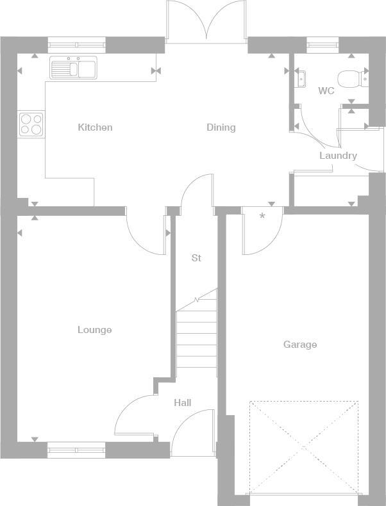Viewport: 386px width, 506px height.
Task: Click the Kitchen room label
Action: coord(95,127)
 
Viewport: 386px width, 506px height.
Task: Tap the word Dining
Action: coord(221,127)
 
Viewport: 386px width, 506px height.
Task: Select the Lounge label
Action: coord(95,330)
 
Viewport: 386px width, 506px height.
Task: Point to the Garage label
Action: coord(300,345)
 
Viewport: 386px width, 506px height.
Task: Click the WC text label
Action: coord(326,91)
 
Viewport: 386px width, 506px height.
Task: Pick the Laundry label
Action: coord(338,156)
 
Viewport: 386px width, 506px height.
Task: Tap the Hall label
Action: coord(183,403)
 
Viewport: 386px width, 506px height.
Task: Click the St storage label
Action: coord(196,258)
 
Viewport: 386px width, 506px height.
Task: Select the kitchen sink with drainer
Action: coord(73,67)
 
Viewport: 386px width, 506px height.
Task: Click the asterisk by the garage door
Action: coord(262,216)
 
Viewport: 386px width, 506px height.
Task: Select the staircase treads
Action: coord(196,336)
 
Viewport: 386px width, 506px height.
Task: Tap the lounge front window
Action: coord(76,450)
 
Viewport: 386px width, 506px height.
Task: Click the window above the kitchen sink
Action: coord(76,45)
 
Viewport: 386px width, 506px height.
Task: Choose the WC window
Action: coord(323,45)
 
